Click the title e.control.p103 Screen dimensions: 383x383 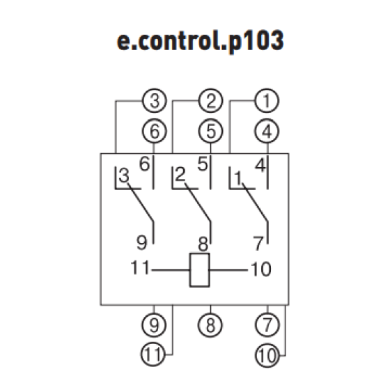(200, 41)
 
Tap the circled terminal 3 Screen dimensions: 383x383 (155, 101)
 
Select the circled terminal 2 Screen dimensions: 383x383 (210, 101)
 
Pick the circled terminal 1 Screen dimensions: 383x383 (267, 101)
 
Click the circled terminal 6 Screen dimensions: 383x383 (155, 131)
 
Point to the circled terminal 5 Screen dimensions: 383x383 (210, 131)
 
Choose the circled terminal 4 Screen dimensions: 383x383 (267, 131)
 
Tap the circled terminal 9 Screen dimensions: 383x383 (154, 325)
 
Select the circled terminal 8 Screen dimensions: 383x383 (210, 325)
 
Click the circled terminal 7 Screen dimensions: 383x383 (267, 325)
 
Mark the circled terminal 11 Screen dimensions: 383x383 (153, 354)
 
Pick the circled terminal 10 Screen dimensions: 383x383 (267, 355)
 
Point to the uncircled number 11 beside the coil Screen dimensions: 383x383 (140, 267)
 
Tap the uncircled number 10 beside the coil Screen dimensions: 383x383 (261, 269)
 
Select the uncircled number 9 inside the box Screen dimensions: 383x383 (142, 242)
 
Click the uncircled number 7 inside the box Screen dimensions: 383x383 (258, 244)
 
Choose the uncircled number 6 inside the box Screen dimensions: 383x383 (144, 164)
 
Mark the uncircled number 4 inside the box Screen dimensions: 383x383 (260, 165)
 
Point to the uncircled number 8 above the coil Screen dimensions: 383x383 (203, 244)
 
